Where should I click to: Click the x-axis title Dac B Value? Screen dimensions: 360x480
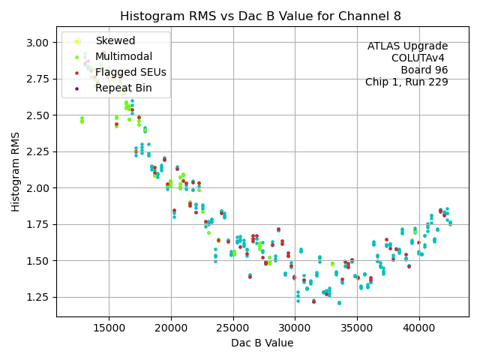tap(262, 343)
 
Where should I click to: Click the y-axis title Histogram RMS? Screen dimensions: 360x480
tap(16, 172)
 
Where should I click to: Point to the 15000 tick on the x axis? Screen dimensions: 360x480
tap(109, 327)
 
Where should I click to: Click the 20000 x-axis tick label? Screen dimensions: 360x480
tap(171, 327)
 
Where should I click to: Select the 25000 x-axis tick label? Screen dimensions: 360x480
tap(233, 327)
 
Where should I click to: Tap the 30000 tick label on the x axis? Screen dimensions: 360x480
tap(295, 327)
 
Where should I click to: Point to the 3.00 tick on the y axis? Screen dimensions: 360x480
tap(39, 42)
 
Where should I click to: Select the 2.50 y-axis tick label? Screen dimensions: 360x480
tap(39, 115)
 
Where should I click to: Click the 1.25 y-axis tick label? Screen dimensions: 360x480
tap(39, 297)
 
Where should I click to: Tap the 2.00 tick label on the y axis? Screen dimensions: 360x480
tap(39, 187)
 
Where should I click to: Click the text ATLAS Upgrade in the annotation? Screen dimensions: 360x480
tap(407, 46)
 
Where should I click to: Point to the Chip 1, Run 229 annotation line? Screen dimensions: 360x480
tap(406, 82)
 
